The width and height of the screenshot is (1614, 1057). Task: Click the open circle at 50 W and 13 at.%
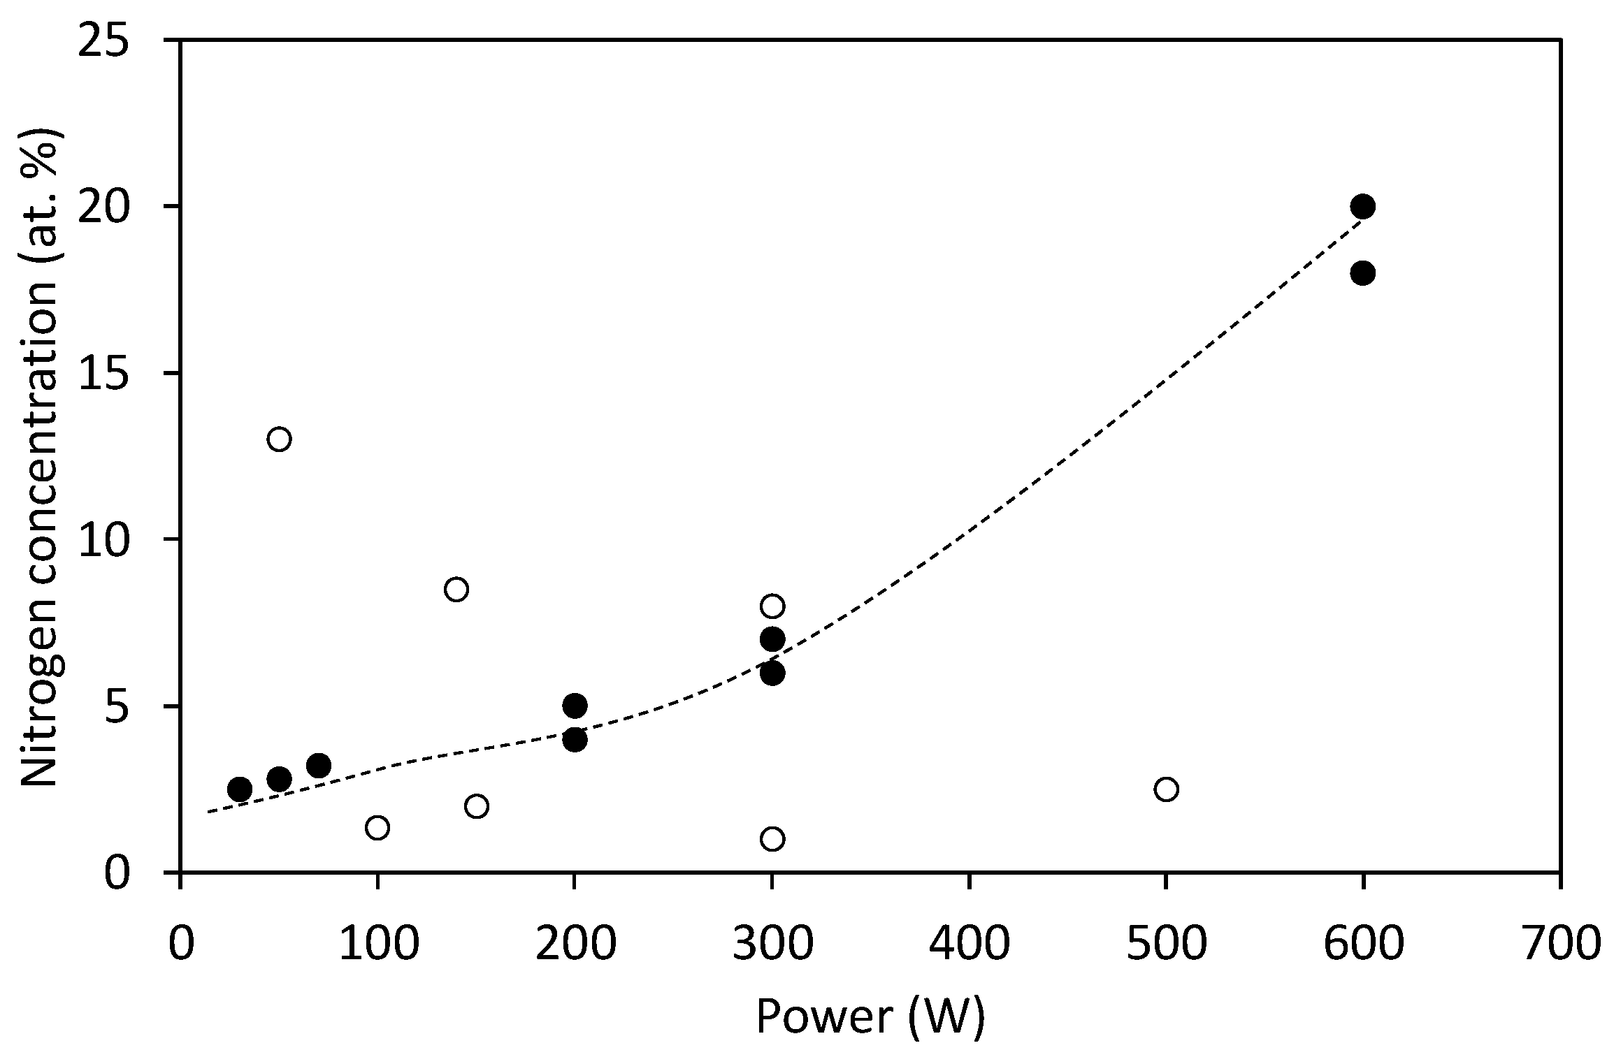point(279,439)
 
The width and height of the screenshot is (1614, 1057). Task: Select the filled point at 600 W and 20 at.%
point(1362,206)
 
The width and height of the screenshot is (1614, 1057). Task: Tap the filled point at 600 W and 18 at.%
point(1362,273)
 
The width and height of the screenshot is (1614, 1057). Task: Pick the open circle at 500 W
point(1166,789)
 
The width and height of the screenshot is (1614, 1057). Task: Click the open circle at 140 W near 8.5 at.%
point(456,589)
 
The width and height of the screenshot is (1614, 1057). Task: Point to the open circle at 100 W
point(377,828)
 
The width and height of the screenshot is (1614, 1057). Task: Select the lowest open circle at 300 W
point(772,838)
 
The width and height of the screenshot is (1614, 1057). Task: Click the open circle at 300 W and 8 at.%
point(772,606)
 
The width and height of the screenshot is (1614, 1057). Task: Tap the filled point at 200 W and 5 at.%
point(575,706)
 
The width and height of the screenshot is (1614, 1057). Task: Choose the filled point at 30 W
point(240,789)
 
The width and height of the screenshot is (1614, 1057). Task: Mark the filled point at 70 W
point(318,766)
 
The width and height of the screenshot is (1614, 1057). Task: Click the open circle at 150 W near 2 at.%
point(476,806)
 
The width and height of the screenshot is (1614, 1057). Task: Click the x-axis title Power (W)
point(870,1016)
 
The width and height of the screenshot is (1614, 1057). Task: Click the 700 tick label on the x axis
point(1559,942)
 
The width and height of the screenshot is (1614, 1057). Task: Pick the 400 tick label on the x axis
point(970,942)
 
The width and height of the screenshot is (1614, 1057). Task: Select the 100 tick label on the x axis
point(378,942)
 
